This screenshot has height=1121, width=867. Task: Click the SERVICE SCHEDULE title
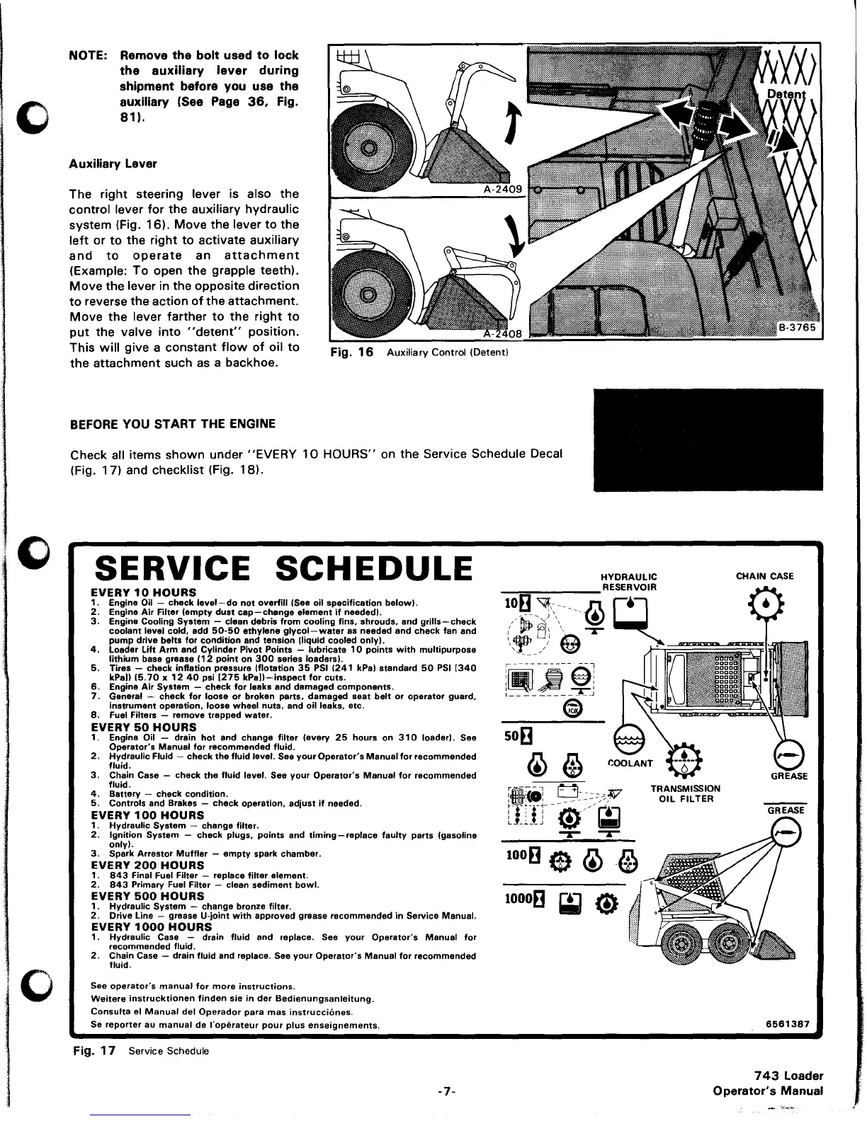point(283,569)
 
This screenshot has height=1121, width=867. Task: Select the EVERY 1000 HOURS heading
point(147,926)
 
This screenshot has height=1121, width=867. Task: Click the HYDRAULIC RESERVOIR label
point(628,581)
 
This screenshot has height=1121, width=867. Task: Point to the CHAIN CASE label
point(765,576)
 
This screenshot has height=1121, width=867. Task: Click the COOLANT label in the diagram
point(630,763)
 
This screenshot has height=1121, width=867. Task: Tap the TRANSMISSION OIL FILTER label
point(685,793)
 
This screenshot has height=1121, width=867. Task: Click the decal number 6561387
point(789,1024)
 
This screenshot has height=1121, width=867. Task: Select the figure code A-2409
point(501,189)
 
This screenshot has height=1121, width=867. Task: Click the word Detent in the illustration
point(788,94)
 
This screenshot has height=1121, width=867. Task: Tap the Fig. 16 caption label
point(352,352)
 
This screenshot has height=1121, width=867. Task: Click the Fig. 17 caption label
point(94,1050)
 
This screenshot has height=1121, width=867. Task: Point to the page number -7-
point(446,1092)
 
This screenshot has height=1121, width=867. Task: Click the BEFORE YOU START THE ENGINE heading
point(173,424)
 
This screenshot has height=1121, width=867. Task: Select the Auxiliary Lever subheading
point(113,163)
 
